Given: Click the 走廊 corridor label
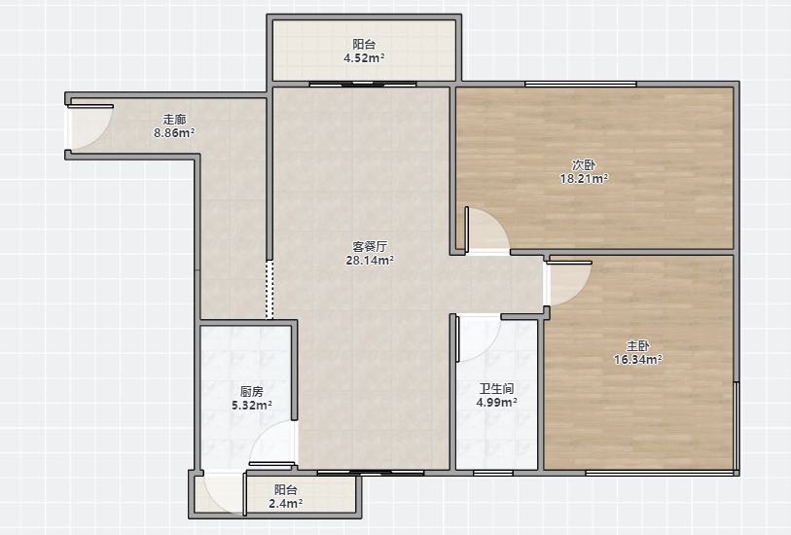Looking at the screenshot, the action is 174,120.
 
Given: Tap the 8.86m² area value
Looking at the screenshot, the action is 174,133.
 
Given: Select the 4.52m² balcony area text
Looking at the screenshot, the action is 364,58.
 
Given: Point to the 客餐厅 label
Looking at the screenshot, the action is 370,246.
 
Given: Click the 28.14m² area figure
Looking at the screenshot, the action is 370,260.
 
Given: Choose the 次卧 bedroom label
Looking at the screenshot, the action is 584,165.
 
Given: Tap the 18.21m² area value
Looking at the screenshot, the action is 584,179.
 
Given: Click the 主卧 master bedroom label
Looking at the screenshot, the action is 637,346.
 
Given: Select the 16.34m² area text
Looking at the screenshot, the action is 637,360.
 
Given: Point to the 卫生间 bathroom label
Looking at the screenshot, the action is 496,389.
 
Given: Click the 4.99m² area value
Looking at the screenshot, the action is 496,403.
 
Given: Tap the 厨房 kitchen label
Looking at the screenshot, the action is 251,391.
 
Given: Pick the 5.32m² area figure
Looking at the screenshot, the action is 251,405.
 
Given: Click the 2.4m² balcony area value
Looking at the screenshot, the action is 285,503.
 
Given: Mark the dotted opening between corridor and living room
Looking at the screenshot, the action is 270,290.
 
